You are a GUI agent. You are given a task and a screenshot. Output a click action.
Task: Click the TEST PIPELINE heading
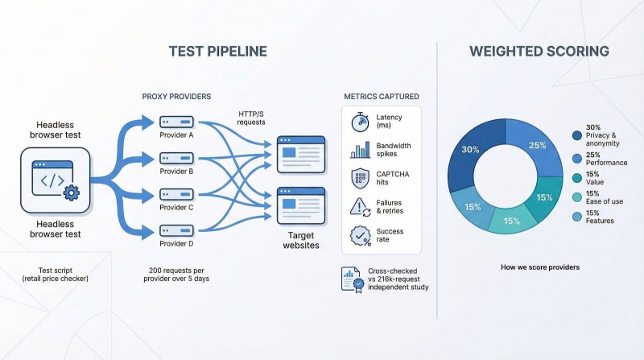pyautogui.click(x=217, y=52)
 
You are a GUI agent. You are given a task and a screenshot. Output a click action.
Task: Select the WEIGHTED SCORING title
pyautogui.click(x=539, y=52)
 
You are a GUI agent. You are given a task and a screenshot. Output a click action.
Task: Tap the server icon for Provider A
pyautogui.click(x=176, y=121)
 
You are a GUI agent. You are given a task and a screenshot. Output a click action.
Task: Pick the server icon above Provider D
pyautogui.click(x=176, y=230)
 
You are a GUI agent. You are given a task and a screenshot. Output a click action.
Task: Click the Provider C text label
pyautogui.click(x=176, y=207)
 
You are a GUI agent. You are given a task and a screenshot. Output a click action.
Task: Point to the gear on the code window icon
pyautogui.click(x=70, y=192)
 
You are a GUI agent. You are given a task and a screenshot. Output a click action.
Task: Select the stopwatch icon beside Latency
pyautogui.click(x=359, y=122)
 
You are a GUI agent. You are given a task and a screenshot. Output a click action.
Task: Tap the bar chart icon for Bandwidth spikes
pyautogui.click(x=359, y=150)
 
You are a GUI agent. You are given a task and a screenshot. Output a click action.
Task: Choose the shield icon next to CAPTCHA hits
pyautogui.click(x=359, y=178)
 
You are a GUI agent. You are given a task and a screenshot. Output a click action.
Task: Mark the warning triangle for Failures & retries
pyautogui.click(x=359, y=207)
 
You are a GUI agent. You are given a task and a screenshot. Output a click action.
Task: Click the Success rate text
pyautogui.click(x=390, y=235)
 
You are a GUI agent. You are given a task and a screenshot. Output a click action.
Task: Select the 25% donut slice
pyautogui.click(x=538, y=147)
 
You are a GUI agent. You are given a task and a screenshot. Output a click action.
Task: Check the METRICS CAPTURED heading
pyautogui.click(x=381, y=97)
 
